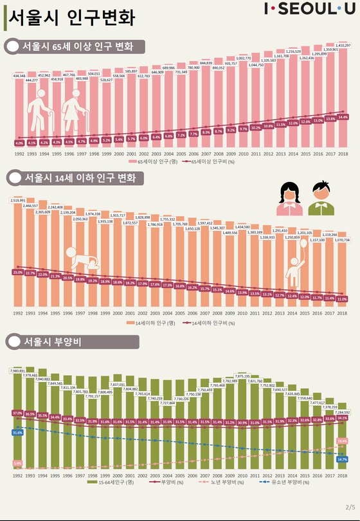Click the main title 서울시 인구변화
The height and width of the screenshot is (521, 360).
click(73, 17)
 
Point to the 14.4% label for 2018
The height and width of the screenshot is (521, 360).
click(343, 118)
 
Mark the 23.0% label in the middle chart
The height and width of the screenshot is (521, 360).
click(18, 272)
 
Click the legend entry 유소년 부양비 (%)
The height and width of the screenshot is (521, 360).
click(278, 482)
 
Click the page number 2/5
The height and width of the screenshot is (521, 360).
click(350, 507)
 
